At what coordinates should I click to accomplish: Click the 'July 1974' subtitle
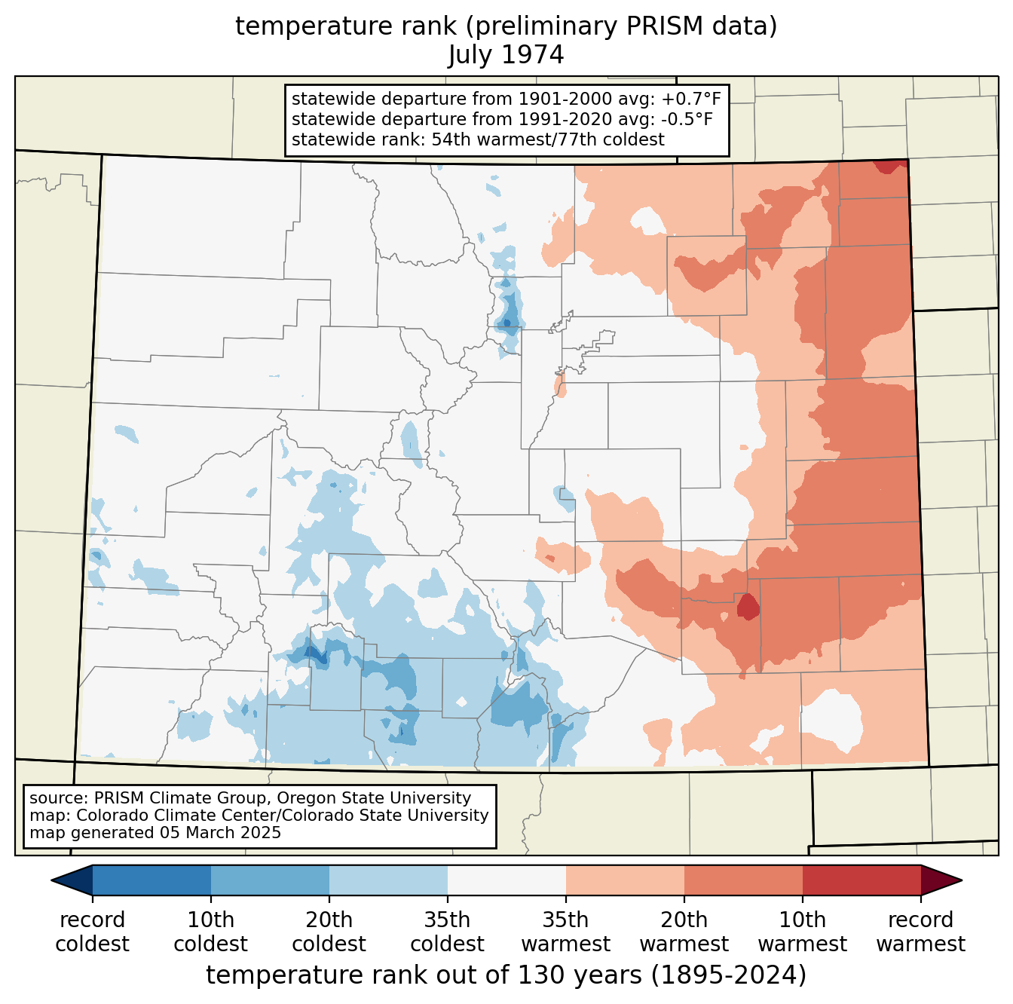tap(506, 55)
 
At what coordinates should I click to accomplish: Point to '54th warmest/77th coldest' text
tap(548, 139)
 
